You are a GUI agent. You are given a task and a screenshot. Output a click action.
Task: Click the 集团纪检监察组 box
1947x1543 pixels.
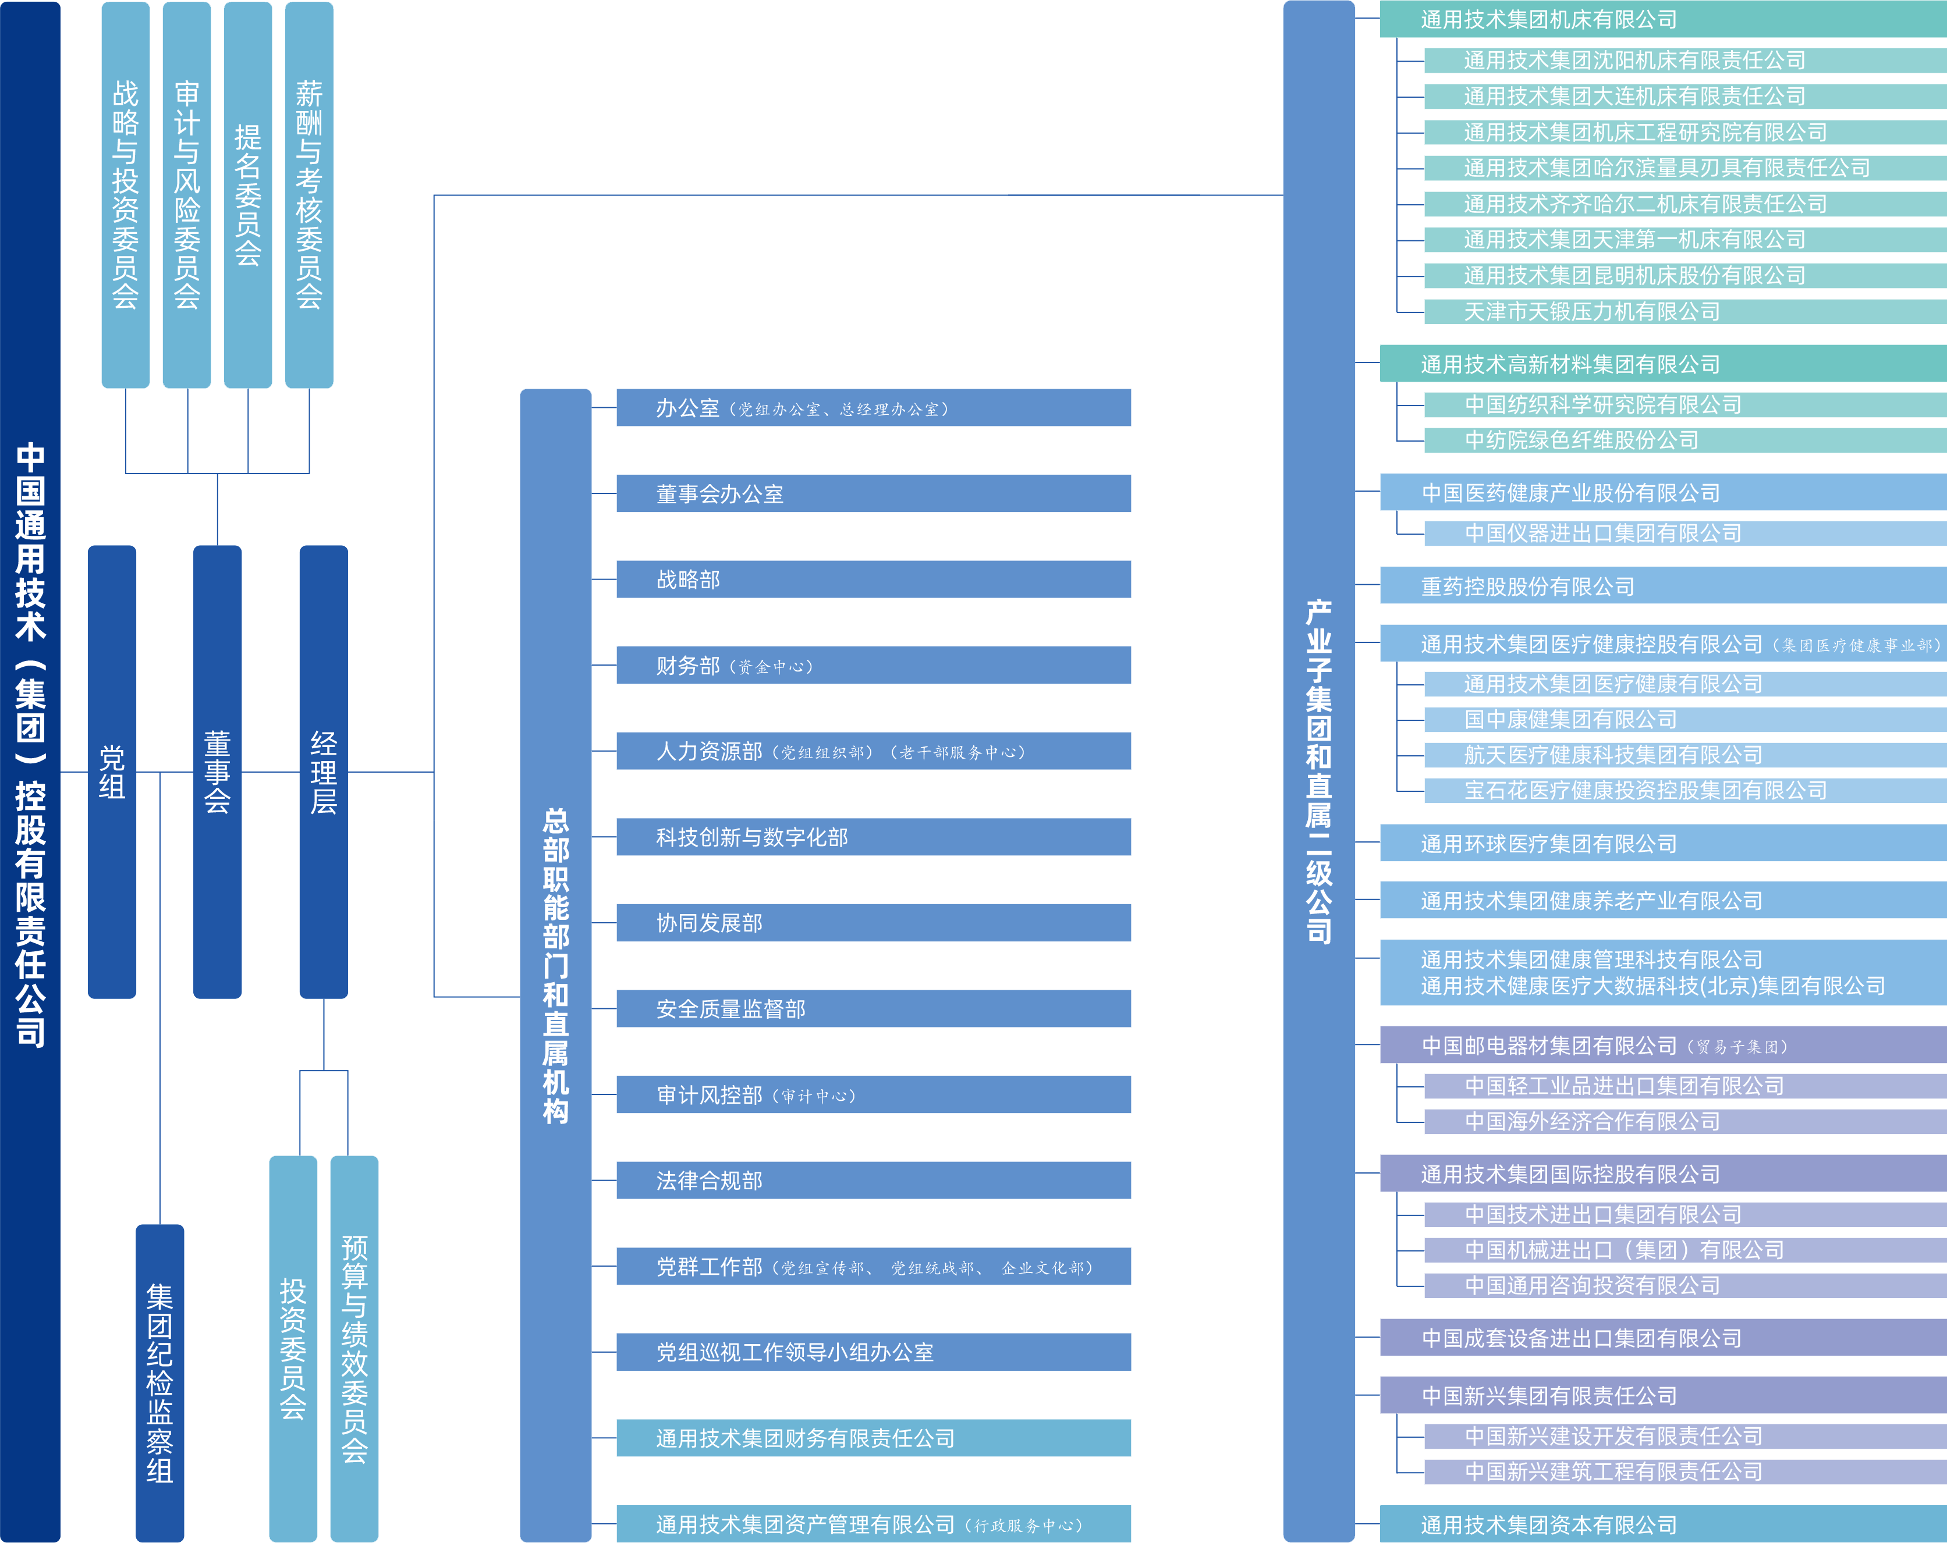pos(160,1381)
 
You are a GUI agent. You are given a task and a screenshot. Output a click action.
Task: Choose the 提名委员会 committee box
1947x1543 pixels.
pos(247,194)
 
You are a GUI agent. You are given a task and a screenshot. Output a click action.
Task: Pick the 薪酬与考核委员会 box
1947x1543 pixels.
pos(309,194)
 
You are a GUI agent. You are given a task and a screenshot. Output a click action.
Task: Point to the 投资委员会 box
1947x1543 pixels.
pos(293,1348)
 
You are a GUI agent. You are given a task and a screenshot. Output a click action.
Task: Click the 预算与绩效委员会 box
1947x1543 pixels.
pos(354,1348)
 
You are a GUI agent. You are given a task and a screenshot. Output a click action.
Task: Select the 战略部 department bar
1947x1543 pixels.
pos(873,579)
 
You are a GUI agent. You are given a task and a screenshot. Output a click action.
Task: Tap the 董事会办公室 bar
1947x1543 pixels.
pos(873,493)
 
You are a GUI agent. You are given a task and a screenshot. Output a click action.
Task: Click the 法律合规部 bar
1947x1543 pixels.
pos(873,1180)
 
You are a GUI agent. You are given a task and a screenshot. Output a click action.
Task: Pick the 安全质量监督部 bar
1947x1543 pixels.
pos(873,1008)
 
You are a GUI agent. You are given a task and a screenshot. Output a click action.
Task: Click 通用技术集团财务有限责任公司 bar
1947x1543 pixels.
pos(873,1437)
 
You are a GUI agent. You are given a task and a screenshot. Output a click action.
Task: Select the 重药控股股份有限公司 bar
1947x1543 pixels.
pos(1662,586)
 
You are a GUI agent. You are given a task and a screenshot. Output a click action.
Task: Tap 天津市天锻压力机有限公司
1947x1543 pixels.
pos(1684,311)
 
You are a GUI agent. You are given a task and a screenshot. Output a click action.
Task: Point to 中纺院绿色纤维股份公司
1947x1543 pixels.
pos(1684,440)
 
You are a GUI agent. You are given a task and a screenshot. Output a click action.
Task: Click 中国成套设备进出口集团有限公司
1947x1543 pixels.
pos(1662,1337)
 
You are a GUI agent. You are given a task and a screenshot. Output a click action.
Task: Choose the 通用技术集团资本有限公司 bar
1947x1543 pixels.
pos(1662,1524)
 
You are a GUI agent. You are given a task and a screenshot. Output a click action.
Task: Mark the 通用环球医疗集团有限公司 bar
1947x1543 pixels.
pos(1662,843)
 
